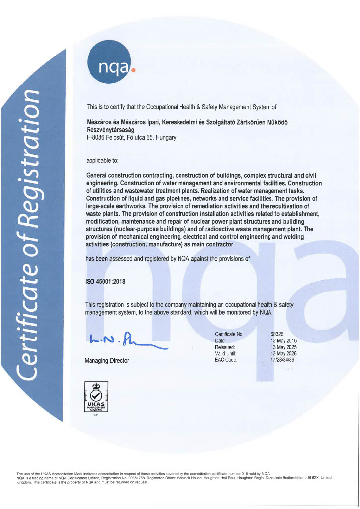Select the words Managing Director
click(107, 361)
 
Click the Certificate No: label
click(229, 334)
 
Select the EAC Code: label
click(226, 360)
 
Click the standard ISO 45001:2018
click(106, 281)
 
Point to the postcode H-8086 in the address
click(96, 138)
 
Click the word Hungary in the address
click(166, 138)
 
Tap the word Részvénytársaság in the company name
click(110, 130)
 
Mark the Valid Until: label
click(227, 353)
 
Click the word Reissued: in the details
click(225, 347)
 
